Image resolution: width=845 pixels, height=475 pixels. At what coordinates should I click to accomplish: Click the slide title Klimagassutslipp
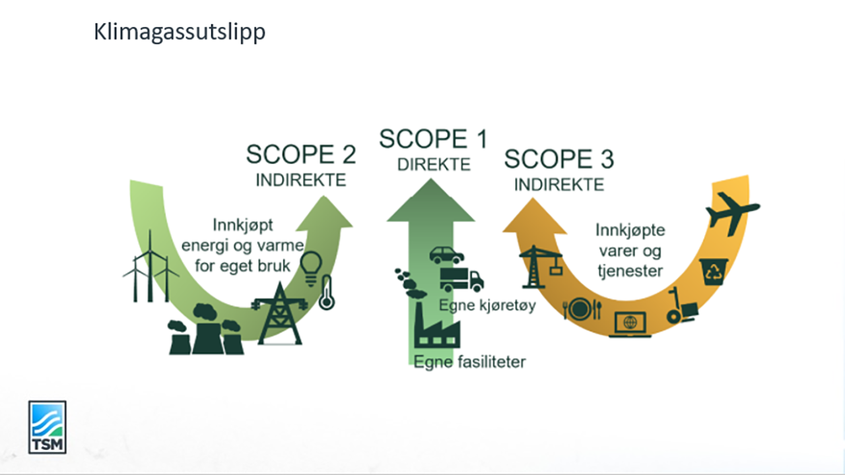(180, 32)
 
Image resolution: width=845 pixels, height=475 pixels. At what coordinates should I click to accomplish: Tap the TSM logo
(47, 427)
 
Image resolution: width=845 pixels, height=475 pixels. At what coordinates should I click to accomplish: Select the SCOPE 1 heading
(433, 139)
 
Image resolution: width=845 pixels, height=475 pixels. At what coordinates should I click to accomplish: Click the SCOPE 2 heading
(301, 154)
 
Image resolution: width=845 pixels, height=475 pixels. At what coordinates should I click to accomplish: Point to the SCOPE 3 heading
(559, 159)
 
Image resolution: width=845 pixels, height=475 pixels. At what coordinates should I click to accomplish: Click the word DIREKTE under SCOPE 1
(434, 165)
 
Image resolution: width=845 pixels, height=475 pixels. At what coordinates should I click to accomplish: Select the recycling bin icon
(714, 272)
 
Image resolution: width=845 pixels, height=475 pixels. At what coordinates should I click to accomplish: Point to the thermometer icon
(325, 293)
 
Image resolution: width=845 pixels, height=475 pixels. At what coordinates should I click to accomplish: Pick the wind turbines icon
(151, 267)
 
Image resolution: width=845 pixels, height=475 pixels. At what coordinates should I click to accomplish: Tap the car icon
(446, 254)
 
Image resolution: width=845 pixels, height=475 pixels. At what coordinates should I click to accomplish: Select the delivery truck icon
(461, 280)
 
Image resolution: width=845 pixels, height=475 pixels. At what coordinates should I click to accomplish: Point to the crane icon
(540, 267)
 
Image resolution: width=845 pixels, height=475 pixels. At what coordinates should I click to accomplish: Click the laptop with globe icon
(630, 324)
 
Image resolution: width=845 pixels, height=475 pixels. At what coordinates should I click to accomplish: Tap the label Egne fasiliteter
(469, 362)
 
